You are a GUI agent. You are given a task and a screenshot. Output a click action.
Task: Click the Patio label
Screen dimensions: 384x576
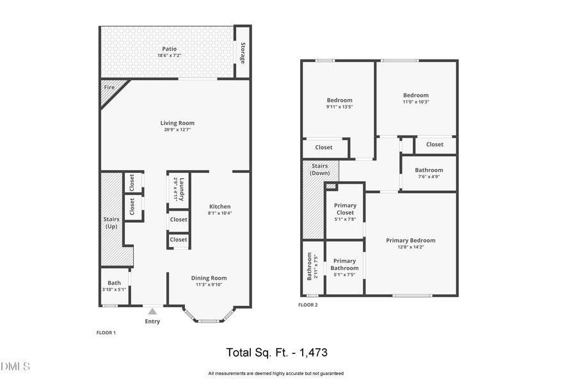point(169,49)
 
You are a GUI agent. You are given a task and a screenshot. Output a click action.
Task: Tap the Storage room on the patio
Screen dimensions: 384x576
point(243,52)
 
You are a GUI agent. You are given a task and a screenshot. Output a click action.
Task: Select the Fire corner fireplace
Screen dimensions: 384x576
point(110,87)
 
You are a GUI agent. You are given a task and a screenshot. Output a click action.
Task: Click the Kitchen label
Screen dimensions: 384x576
point(220,207)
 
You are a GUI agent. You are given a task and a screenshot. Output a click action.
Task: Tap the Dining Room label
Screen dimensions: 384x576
point(209,278)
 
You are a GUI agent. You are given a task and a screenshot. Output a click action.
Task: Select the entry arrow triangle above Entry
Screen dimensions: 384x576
point(152,311)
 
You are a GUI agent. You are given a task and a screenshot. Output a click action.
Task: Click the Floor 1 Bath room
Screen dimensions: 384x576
point(114,285)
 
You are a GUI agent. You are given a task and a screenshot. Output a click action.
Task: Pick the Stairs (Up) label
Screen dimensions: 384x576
point(111,222)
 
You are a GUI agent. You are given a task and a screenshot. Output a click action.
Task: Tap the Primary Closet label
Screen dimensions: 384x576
point(345,209)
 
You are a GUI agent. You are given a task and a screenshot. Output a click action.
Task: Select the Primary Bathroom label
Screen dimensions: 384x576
point(344,264)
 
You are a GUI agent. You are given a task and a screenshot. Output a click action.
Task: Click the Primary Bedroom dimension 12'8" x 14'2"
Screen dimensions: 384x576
point(410,247)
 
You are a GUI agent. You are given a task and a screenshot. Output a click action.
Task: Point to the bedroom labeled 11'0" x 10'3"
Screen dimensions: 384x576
point(415,99)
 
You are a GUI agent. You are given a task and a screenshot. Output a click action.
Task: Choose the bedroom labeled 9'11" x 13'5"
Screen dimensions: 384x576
point(339,103)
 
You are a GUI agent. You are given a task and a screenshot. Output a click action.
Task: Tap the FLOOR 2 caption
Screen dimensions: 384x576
point(308,305)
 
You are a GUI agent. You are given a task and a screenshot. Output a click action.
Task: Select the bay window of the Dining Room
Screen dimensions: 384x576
point(209,317)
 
